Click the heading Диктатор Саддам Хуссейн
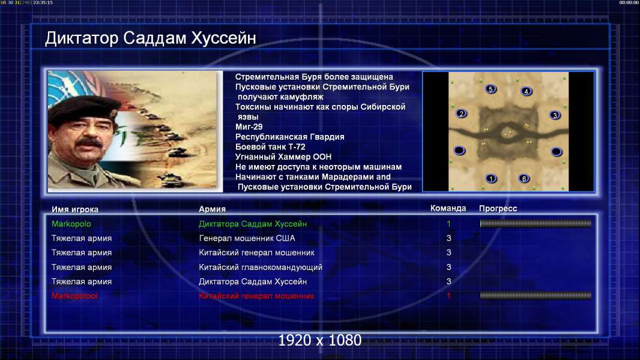pos(150,38)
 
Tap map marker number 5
pos(491,89)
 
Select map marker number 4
pos(526,91)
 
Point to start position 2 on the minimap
pos(461,113)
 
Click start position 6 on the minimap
pos(524,178)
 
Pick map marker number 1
pos(491,178)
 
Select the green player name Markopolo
pos(71,224)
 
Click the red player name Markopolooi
pos(74,296)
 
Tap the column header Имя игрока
pos(74,209)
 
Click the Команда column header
pos(448,208)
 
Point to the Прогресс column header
pos(498,208)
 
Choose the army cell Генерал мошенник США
pos(247,238)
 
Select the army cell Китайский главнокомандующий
pos(261,267)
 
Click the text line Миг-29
pos(249,127)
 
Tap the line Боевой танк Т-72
pos(270,147)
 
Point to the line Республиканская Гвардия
pos(289,137)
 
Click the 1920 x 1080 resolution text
pos(319,340)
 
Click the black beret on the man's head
pos(83,107)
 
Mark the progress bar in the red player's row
pos(536,296)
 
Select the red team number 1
pos(448,296)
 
